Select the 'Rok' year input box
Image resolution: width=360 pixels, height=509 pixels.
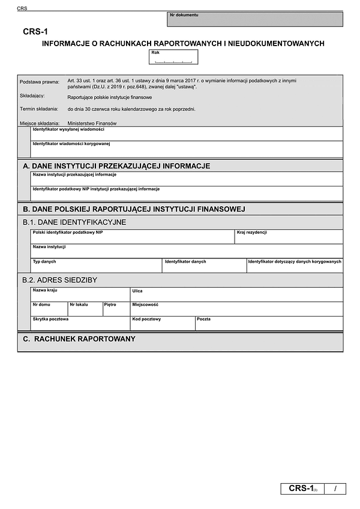click(173, 58)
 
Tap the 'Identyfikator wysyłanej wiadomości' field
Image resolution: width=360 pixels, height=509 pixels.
click(187, 134)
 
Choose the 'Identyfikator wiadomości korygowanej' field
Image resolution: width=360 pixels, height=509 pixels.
click(187, 149)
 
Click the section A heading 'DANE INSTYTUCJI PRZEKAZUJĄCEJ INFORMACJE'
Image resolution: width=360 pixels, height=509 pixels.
click(116, 165)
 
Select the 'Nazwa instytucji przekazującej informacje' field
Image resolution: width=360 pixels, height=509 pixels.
click(187, 179)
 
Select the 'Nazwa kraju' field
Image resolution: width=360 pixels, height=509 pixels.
click(80, 294)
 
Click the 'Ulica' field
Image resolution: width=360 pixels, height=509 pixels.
click(236, 294)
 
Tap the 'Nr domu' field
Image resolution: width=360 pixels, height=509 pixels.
click(49, 309)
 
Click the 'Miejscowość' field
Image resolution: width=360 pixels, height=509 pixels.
click(236, 309)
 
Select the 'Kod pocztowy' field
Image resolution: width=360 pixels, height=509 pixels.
click(162, 324)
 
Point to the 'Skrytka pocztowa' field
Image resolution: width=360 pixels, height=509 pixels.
click(80, 324)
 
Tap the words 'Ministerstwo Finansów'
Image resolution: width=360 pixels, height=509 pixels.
click(92, 123)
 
